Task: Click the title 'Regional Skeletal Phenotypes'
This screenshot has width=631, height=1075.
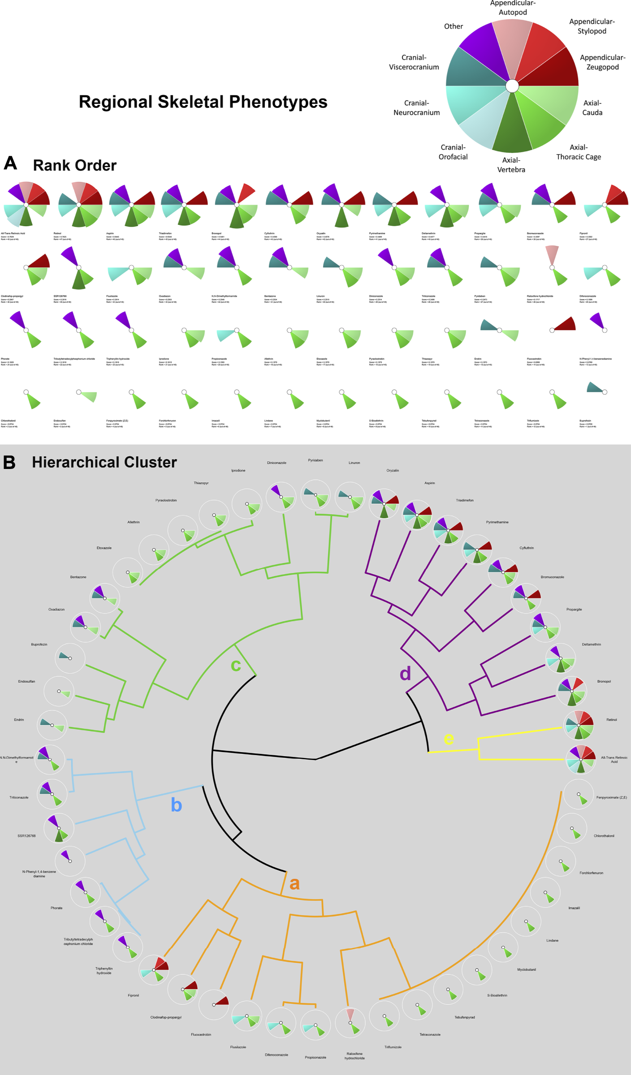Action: [203, 102]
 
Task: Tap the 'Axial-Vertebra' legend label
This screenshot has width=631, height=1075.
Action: [511, 165]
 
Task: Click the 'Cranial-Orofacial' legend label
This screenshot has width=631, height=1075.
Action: [453, 152]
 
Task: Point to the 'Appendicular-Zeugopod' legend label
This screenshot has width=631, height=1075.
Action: [602, 62]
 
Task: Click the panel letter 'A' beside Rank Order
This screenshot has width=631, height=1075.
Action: [10, 163]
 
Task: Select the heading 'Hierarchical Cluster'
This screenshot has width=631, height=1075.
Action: [104, 462]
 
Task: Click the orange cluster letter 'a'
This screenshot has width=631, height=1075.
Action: [294, 883]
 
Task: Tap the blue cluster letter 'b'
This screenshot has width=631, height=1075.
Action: [177, 805]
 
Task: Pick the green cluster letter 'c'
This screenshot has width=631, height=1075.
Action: [236, 665]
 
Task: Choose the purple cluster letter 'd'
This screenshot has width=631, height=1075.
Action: [405, 673]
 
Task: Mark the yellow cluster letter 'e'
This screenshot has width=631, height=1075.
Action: [449, 739]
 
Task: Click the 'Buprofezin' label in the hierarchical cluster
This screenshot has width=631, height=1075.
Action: [39, 645]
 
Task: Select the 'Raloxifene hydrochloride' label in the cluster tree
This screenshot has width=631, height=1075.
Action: [354, 1056]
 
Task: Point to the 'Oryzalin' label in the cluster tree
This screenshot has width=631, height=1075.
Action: [393, 470]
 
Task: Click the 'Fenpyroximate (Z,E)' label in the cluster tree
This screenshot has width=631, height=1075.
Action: [611, 797]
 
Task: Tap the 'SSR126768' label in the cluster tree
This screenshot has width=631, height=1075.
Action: [26, 836]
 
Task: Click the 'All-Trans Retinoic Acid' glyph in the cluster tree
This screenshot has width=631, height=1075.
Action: [581, 759]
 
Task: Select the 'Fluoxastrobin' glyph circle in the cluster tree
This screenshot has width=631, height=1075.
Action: [214, 1004]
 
